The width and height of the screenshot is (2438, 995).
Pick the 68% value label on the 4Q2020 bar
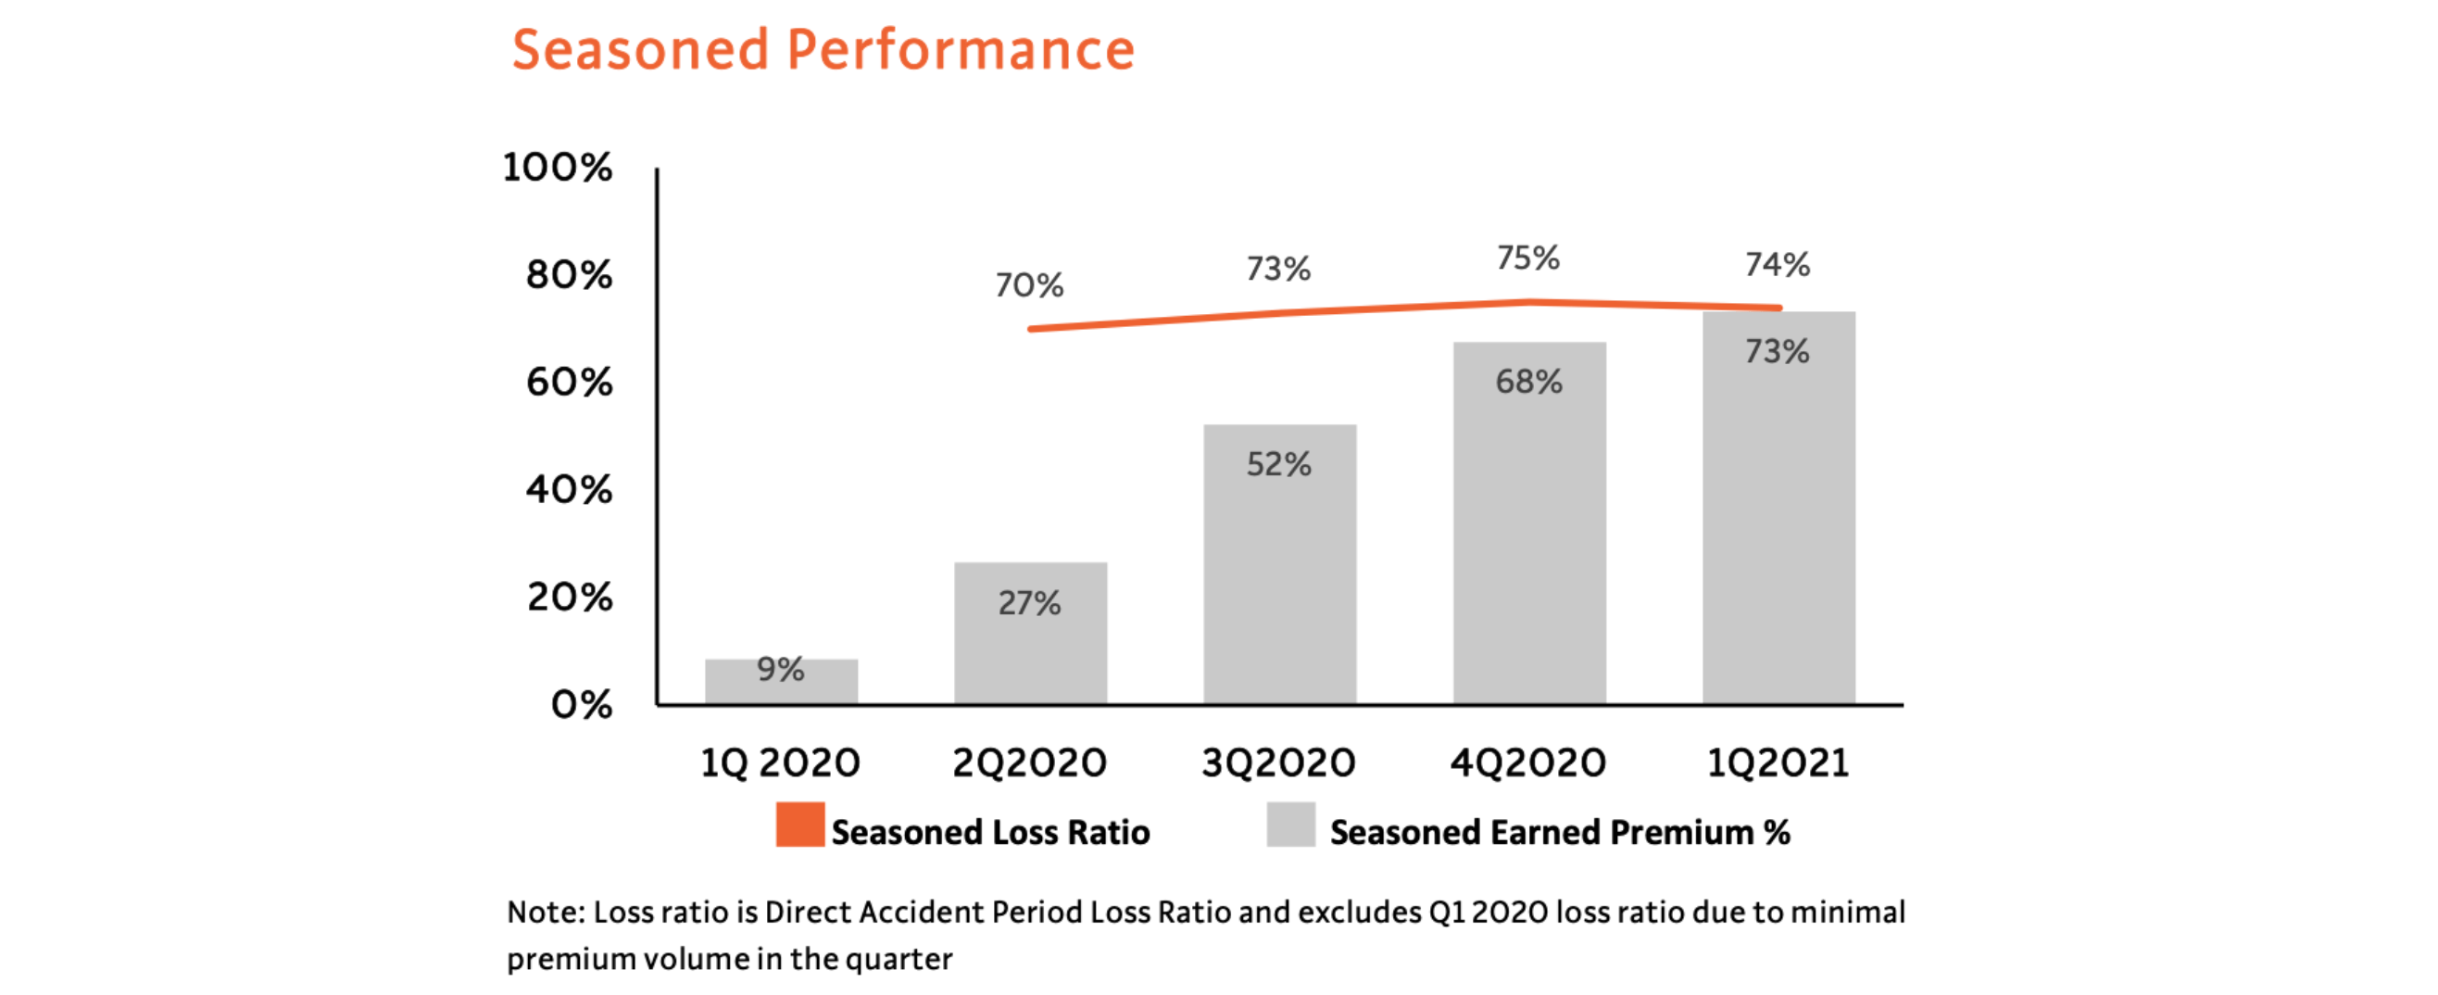point(1528,382)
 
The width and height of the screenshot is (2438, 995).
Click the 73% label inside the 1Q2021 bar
point(1778,351)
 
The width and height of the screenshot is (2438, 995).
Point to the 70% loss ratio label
point(1029,285)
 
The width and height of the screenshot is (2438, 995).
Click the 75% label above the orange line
point(1527,258)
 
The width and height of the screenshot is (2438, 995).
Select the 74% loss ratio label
point(1778,264)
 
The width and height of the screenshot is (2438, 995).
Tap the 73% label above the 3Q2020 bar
point(1277,269)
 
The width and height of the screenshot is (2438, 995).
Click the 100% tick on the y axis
point(558,168)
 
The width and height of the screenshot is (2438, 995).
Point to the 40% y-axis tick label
point(569,489)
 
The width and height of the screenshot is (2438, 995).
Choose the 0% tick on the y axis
point(581,704)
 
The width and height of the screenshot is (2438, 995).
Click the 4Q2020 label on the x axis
point(1527,763)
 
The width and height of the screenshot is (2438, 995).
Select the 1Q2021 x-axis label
point(1778,763)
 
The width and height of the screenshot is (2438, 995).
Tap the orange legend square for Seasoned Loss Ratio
point(799,825)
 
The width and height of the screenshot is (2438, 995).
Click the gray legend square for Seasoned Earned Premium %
point(1291,825)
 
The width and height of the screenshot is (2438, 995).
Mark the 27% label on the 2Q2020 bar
point(1029,603)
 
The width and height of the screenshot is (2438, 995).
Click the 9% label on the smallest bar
point(780,669)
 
